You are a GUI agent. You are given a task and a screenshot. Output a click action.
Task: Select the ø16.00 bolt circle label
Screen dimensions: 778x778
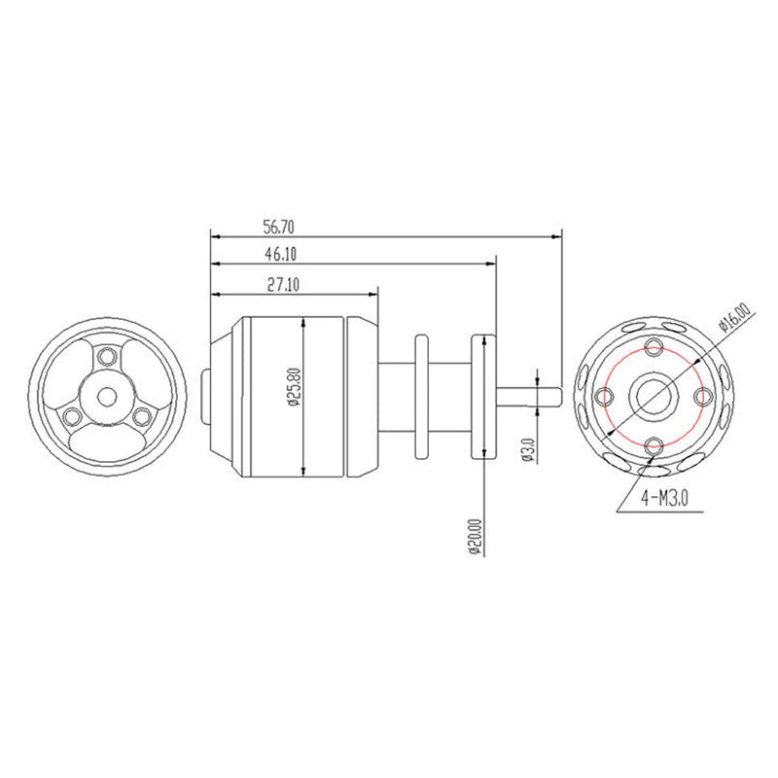[x=736, y=322]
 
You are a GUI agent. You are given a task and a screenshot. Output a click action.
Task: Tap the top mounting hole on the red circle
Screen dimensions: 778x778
[x=654, y=347]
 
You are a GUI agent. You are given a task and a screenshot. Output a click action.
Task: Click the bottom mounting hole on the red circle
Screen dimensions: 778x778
[x=654, y=445]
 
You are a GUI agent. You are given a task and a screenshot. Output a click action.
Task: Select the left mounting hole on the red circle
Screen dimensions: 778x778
[x=605, y=397]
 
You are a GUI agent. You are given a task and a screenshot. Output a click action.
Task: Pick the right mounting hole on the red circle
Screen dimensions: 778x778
[x=704, y=397]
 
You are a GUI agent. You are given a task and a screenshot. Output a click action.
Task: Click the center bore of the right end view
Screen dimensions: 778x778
[x=654, y=396]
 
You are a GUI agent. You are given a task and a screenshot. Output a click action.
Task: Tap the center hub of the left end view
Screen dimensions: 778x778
[x=106, y=396]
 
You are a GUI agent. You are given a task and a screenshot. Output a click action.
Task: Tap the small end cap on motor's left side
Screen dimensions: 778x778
[x=204, y=396]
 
